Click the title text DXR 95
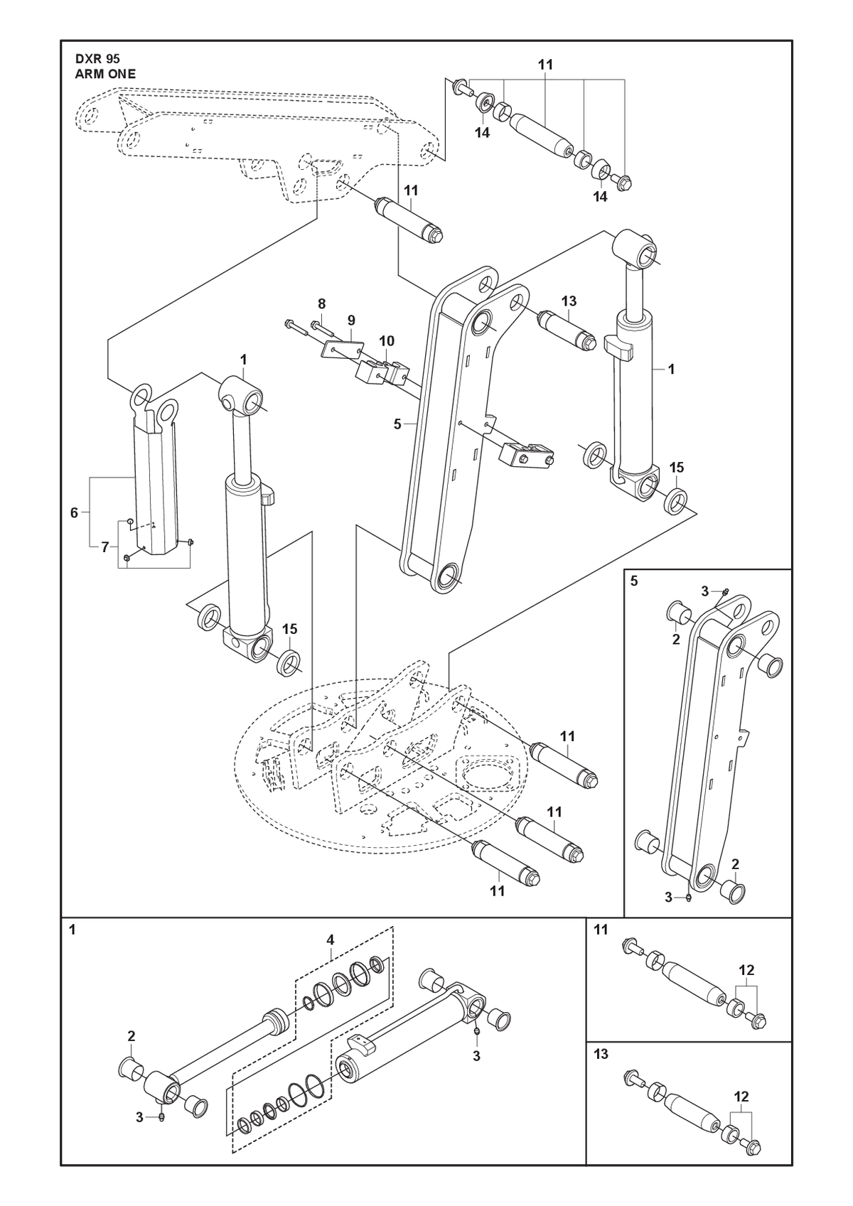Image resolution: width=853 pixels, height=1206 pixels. tap(97, 60)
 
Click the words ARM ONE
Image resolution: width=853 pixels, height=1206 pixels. tap(105, 75)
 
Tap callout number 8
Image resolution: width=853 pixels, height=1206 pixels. tap(321, 303)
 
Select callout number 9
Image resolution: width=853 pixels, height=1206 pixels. tap(351, 321)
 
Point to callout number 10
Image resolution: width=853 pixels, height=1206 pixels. tap(387, 341)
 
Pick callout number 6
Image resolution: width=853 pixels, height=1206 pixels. tap(75, 512)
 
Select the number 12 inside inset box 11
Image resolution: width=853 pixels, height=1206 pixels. tap(747, 970)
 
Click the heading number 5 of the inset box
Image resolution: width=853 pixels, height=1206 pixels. tap(634, 581)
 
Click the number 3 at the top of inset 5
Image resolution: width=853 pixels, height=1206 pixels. tap(705, 592)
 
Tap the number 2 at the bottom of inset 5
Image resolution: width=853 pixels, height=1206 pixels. tap(736, 864)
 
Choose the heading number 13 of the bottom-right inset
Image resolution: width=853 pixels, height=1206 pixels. tap(601, 1054)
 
